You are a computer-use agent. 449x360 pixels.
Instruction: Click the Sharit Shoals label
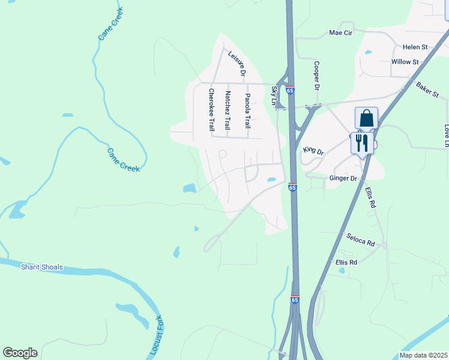(x=41, y=267)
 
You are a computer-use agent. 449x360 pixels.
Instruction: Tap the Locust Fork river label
(x=157, y=335)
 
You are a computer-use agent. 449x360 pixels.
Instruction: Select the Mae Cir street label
(x=343, y=32)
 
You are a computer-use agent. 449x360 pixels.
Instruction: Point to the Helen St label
(x=415, y=46)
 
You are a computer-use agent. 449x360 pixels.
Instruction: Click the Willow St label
(x=405, y=62)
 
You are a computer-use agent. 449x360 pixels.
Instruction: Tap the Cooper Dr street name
(x=316, y=75)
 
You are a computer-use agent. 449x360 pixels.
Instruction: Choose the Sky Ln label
(x=275, y=95)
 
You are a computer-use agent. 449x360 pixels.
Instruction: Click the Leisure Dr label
(x=237, y=63)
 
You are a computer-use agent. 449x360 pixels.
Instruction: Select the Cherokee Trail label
(x=211, y=110)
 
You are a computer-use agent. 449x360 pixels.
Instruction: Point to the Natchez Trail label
(x=228, y=110)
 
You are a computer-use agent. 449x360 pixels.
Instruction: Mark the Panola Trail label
(x=247, y=111)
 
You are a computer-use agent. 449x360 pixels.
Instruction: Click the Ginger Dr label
(x=343, y=178)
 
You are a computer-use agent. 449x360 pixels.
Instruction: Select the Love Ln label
(x=446, y=136)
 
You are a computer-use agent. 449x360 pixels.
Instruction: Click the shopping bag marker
(x=366, y=118)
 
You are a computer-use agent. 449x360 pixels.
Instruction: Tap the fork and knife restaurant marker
(x=362, y=143)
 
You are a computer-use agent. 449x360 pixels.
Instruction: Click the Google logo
(x=20, y=353)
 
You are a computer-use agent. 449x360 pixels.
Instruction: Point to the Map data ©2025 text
(x=423, y=355)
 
